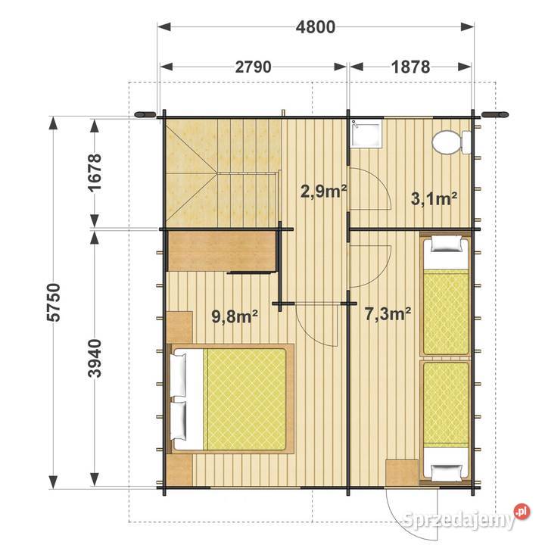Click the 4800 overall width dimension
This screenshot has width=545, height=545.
316,27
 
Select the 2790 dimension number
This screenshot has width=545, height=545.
253,67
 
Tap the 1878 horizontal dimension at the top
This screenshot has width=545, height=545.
410,67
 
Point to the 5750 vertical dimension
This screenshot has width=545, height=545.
54,302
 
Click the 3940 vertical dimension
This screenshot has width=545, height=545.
95,358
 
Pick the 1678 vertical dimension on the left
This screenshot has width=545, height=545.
95,173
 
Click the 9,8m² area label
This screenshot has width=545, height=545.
235,316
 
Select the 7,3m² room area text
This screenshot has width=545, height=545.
388,314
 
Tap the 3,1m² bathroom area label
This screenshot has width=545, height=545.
434,199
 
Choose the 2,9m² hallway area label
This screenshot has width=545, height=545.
323,192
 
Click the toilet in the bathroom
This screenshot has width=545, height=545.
452,142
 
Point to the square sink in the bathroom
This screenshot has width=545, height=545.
366,133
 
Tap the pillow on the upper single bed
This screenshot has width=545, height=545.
447,244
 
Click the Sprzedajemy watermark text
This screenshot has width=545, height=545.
458,520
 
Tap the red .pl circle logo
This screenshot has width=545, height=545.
522,512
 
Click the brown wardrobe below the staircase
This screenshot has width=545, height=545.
223,251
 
